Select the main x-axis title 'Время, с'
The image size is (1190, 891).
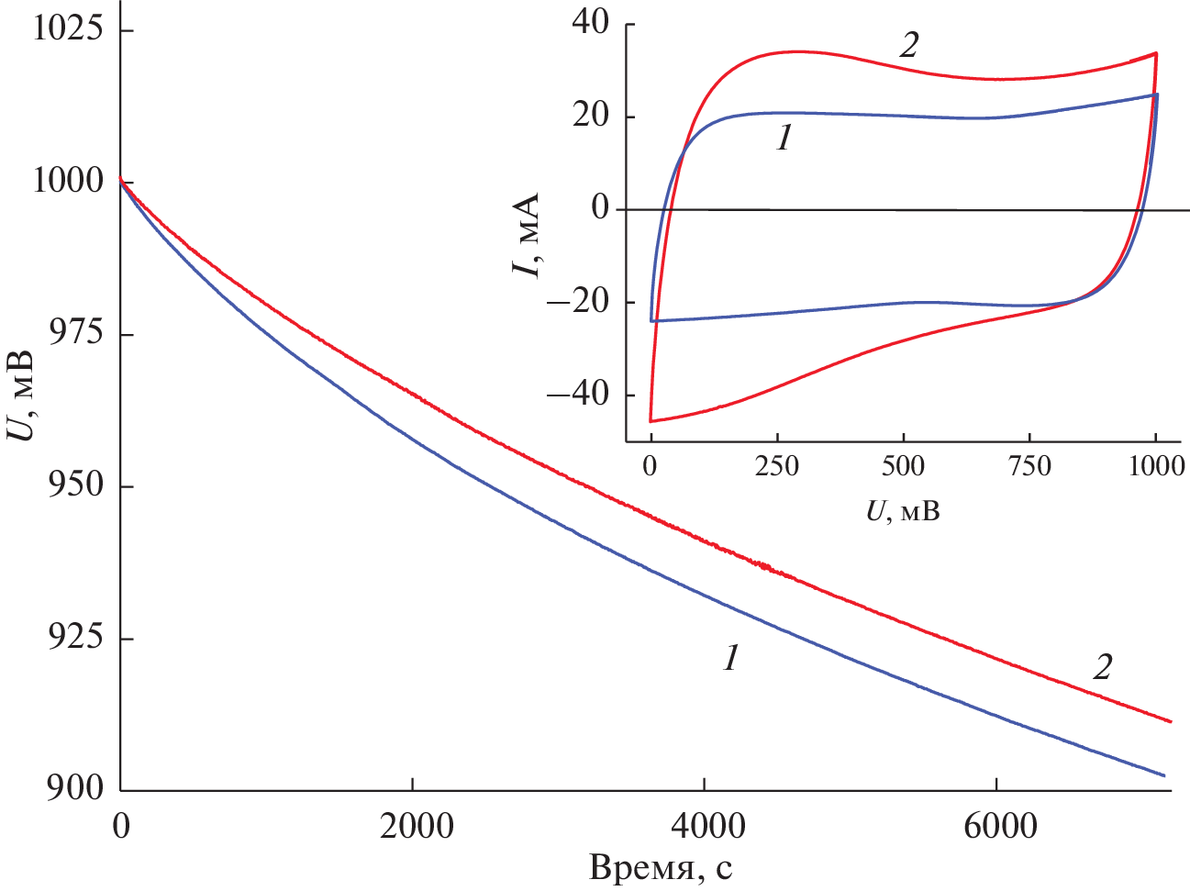click(x=661, y=867)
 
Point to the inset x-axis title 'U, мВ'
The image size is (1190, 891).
click(x=903, y=510)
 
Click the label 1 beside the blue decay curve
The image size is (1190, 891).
click(x=731, y=657)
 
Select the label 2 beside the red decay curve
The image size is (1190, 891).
click(x=1102, y=666)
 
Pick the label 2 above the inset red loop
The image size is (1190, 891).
click(x=907, y=45)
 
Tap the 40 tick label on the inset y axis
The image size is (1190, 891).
click(x=590, y=22)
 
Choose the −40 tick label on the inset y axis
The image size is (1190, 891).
click(x=578, y=395)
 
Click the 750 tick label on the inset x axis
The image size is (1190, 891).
click(x=1029, y=466)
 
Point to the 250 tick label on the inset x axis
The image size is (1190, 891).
click(x=777, y=466)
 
